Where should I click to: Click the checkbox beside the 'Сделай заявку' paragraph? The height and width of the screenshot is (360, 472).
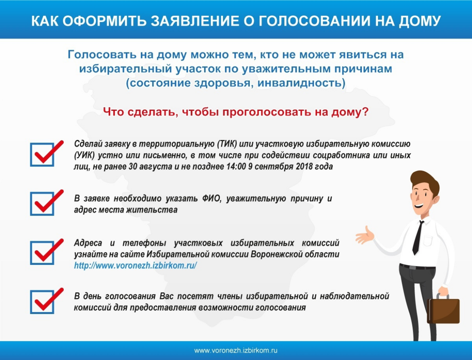pyautogui.click(x=42, y=154)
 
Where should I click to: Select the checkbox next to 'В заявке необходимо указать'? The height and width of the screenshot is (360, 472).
pyautogui.click(x=42, y=204)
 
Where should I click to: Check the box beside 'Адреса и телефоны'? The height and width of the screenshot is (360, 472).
pyautogui.click(x=42, y=253)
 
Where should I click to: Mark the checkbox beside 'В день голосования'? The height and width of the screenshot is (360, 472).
pyautogui.click(x=42, y=302)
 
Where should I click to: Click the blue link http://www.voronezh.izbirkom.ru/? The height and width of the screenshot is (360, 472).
pyautogui.click(x=135, y=266)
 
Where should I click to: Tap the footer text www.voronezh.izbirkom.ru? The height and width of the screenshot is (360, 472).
pyautogui.click(x=236, y=351)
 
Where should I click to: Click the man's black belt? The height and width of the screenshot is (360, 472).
pyautogui.click(x=418, y=266)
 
